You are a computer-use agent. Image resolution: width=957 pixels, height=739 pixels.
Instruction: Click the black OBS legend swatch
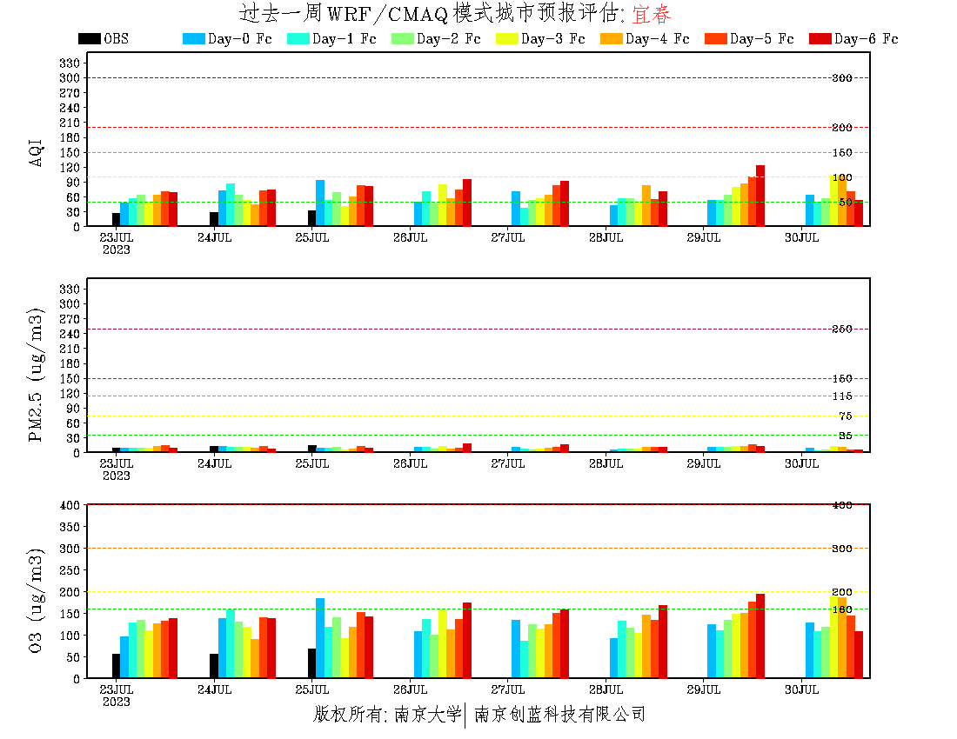coord(89,38)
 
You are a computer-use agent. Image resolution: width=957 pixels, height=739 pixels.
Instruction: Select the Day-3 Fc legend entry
coord(552,38)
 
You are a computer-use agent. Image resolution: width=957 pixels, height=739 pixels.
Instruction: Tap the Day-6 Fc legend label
coord(866,38)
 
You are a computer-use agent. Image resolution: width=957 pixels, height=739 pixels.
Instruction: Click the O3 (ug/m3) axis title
coord(37,600)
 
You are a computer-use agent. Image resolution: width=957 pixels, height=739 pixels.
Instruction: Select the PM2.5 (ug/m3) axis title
coord(37,374)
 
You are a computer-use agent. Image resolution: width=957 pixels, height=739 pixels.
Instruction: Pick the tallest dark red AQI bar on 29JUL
coord(760,196)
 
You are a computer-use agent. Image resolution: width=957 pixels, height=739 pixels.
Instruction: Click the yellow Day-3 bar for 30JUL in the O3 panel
coord(834,636)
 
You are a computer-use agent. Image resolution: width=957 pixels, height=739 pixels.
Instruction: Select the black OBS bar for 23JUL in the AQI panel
coord(116,219)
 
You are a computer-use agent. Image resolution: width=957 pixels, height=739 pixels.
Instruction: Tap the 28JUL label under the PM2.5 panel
coord(606,464)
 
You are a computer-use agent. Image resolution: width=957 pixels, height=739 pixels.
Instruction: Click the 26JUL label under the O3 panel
coord(410,690)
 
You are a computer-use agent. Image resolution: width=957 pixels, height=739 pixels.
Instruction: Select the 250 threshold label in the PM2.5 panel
coord(841,329)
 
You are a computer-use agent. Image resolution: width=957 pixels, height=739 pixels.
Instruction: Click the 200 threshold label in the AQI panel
coord(841,128)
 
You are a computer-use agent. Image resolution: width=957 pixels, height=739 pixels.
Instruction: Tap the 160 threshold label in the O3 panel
coord(841,609)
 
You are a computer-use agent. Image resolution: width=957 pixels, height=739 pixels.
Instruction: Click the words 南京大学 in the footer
coord(426,715)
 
